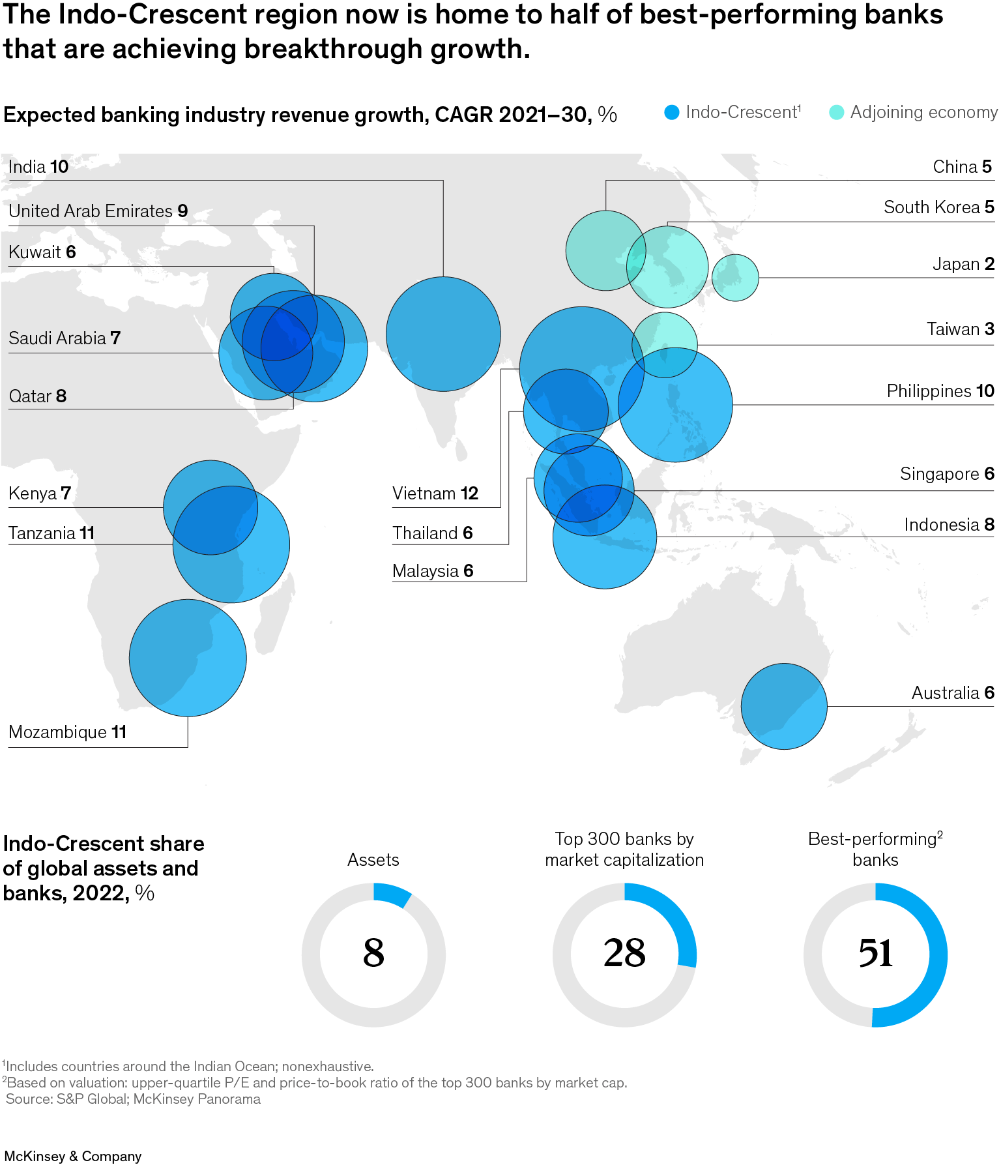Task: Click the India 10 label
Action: (x=38, y=167)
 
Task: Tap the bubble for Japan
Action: (x=735, y=278)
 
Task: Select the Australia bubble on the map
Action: (x=784, y=706)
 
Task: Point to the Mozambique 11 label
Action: (x=68, y=732)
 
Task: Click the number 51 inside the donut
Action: (x=875, y=954)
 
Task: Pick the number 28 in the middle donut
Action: (x=624, y=954)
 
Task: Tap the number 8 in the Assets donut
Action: (x=373, y=954)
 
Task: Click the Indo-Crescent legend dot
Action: (x=672, y=113)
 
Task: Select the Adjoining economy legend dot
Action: (x=836, y=113)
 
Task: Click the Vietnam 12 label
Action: (x=435, y=494)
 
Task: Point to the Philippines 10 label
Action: (x=940, y=391)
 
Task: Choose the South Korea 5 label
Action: (x=938, y=207)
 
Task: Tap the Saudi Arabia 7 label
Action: (x=65, y=338)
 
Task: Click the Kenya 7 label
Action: (x=40, y=494)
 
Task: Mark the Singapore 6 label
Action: (x=946, y=474)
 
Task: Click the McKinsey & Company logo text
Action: (x=73, y=1156)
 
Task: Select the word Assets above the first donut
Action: (x=373, y=860)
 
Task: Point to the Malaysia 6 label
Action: (x=433, y=571)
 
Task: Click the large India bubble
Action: (x=443, y=334)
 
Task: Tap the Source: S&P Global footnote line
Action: (x=133, y=1099)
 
